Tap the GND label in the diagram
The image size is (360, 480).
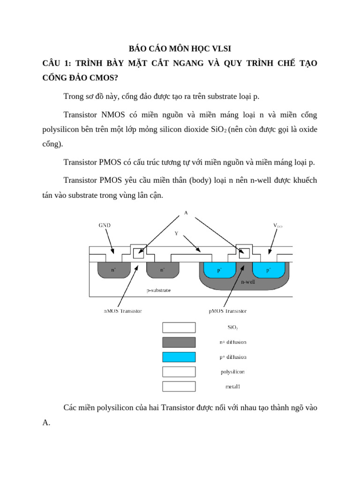105,225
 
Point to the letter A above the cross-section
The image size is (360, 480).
186,212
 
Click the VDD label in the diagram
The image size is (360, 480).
278,225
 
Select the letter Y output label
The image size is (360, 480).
176,233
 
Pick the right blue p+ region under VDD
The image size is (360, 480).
269,270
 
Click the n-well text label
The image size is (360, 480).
248,282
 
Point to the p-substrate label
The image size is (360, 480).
158,291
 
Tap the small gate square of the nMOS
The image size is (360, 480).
138,254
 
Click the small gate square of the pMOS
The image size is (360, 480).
244,254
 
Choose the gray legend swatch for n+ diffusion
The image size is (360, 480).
179,342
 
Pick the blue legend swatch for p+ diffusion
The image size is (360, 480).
179,357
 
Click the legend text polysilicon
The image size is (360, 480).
232,372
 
